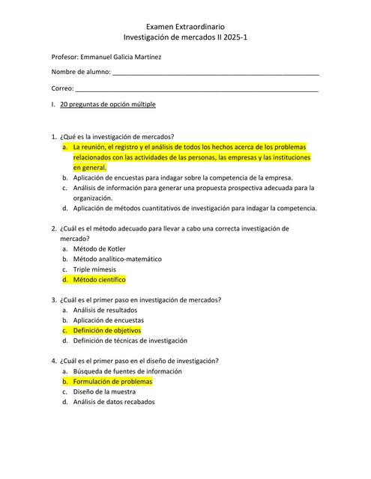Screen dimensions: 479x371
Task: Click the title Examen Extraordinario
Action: pos(185,25)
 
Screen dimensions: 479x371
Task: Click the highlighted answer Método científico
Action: pos(99,279)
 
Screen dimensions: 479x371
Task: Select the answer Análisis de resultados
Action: pos(105,310)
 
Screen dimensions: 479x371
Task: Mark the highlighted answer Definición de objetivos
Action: pos(106,330)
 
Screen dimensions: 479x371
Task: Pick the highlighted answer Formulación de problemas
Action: pos(112,382)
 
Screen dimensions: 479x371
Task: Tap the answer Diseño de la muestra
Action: pos(104,391)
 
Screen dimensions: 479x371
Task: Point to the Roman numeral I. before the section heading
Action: pos(52,104)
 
